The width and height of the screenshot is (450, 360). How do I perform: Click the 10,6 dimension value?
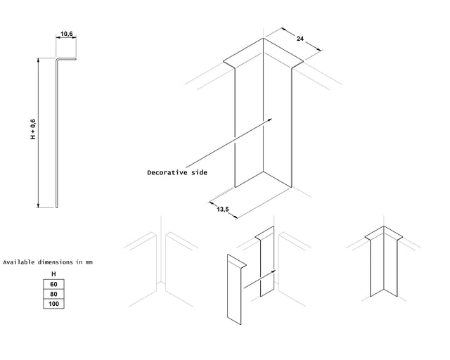pos(67,34)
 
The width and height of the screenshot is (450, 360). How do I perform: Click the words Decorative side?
pos(177,172)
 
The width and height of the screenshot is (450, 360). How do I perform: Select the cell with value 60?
pos(53,284)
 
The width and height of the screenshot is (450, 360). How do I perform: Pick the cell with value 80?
pos(53,294)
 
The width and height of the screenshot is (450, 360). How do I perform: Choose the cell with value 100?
pos(53,304)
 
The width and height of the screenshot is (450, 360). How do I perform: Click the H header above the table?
pos(53,274)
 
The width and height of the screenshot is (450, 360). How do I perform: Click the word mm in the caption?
pos(89,262)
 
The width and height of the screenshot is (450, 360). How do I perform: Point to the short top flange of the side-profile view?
pos(67,59)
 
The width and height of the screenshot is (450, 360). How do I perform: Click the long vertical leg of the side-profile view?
pos(57,134)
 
